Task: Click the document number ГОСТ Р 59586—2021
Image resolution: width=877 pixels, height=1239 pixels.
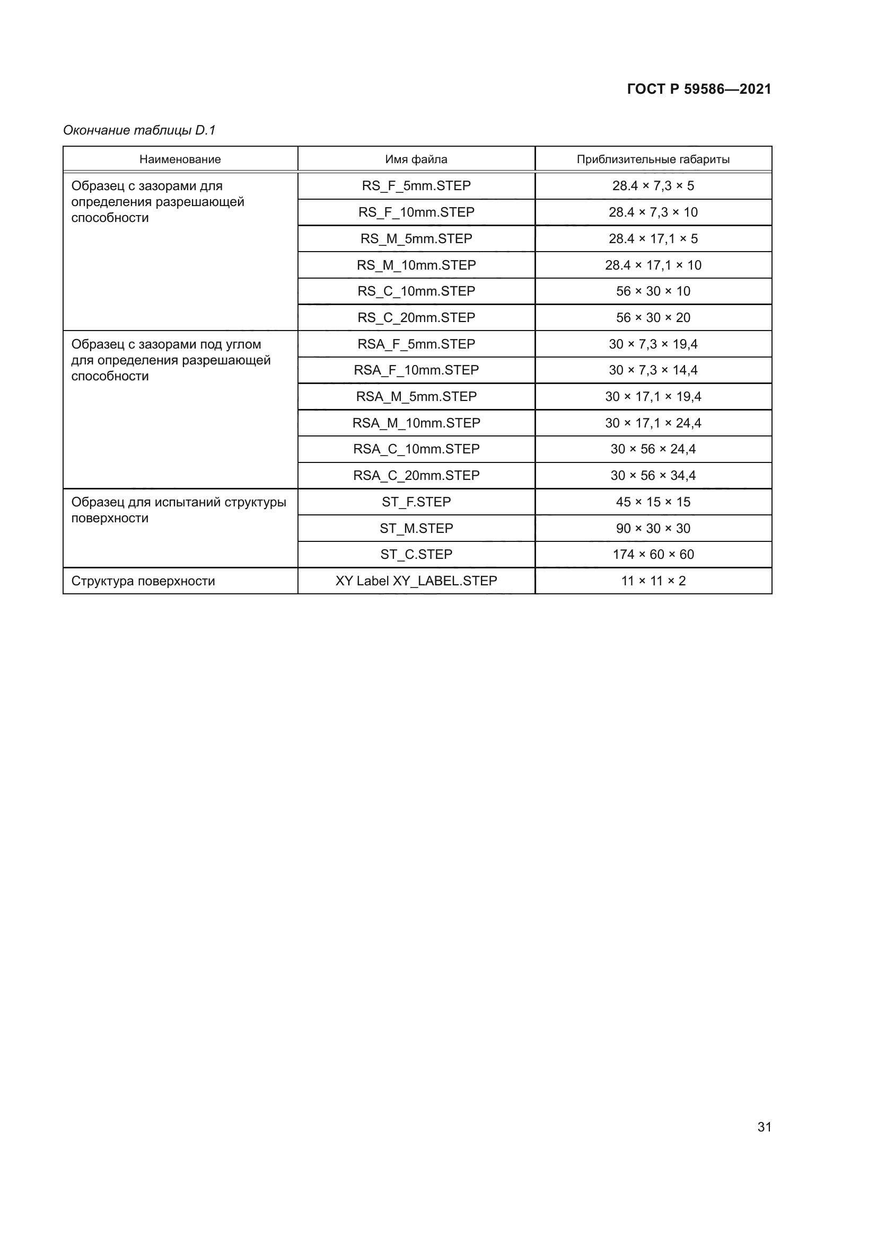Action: (699, 89)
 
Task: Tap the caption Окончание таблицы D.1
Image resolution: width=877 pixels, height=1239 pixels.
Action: (139, 130)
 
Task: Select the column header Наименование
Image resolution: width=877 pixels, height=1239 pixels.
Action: (180, 159)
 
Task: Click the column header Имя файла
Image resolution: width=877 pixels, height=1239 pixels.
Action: (416, 159)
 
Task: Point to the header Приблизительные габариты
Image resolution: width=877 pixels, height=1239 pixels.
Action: (653, 159)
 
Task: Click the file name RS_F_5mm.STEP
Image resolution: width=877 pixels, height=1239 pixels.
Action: (416, 185)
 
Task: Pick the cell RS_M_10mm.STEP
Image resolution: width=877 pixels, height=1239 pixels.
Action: (416, 265)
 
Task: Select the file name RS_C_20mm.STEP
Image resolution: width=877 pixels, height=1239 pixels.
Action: (416, 317)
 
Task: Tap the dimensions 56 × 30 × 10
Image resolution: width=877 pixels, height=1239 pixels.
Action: (653, 291)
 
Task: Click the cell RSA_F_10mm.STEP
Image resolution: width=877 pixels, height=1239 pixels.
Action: (416, 370)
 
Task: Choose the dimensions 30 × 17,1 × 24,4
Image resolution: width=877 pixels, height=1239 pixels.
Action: (653, 423)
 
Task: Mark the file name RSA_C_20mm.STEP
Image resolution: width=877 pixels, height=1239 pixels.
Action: (416, 475)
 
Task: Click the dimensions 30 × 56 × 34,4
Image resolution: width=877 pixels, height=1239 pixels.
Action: (653, 475)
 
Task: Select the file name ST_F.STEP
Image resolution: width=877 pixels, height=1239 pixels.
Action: (416, 502)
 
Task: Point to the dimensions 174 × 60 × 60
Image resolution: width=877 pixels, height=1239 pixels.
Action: (653, 554)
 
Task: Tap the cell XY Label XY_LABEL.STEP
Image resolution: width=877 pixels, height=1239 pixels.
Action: (416, 581)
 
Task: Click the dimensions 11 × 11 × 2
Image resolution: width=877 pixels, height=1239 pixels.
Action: (653, 581)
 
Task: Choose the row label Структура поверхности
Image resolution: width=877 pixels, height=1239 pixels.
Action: (143, 581)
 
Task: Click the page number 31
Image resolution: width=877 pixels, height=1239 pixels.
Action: (764, 1127)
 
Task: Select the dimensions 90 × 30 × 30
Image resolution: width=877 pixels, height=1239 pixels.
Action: (653, 528)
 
